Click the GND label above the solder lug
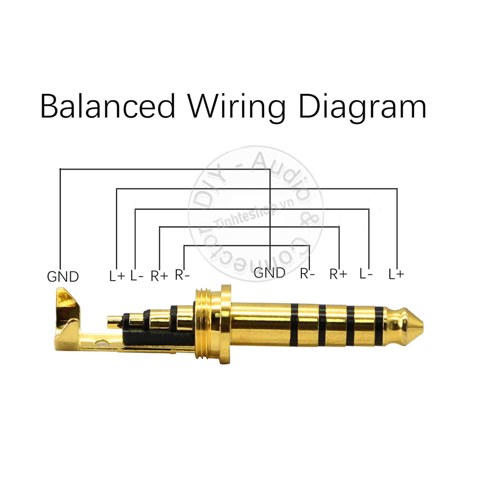pos(63,276)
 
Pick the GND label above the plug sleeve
pos(269,273)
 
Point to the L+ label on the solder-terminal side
pos(117,276)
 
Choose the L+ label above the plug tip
pos(396,274)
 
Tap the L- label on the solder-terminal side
pos(137,276)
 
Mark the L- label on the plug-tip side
pos(366,274)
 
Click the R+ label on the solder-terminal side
pos(159,276)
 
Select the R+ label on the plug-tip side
pos(338,274)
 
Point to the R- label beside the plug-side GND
pos(307,274)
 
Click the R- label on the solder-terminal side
pos(182,274)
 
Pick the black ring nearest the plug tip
pos(379,321)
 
